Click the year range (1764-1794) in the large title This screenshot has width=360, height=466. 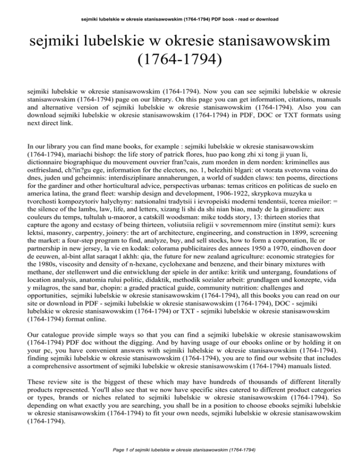click(x=180, y=60)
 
